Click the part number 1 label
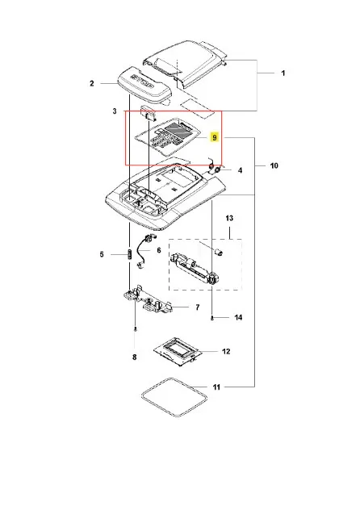[283, 73]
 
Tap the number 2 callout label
[92, 84]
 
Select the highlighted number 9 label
[214, 137]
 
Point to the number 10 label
[274, 165]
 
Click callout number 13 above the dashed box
[229, 218]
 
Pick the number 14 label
[238, 317]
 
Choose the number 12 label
[226, 351]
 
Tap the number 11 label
[216, 387]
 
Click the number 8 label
[134, 358]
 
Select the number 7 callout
[198, 307]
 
